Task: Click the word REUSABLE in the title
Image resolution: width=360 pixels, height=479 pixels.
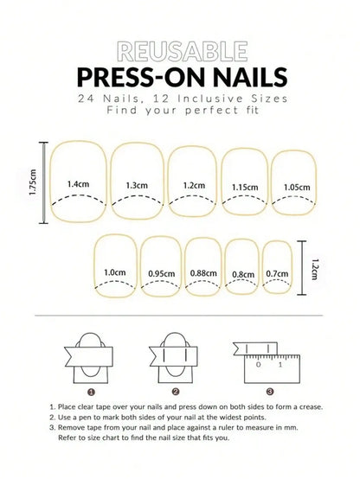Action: coord(180,49)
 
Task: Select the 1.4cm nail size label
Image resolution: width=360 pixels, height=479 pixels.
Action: coord(79,184)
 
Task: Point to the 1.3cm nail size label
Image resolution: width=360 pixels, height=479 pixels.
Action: coord(136,185)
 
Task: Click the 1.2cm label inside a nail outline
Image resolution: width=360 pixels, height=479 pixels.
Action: coord(193,185)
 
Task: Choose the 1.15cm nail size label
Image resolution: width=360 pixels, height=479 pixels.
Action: coord(245,188)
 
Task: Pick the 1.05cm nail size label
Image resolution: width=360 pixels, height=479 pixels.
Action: coord(297,187)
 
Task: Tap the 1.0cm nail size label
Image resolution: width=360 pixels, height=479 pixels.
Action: coord(115,272)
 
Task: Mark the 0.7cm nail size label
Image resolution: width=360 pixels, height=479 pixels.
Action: coord(277,274)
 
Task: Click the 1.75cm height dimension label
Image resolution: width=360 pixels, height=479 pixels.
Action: coord(33,182)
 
